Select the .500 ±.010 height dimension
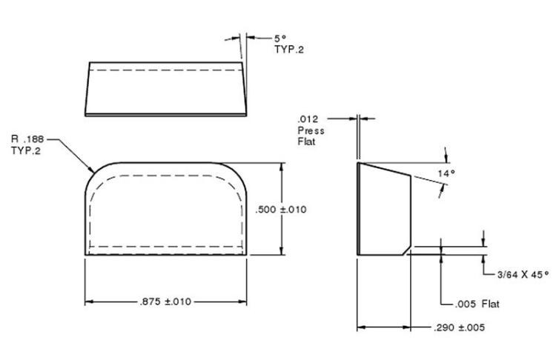(x=281, y=210)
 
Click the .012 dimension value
(x=308, y=119)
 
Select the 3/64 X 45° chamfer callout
(x=523, y=274)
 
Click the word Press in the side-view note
(x=311, y=130)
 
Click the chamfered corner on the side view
(x=407, y=250)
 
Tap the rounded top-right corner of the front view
(x=236, y=172)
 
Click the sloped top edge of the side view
(x=385, y=170)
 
